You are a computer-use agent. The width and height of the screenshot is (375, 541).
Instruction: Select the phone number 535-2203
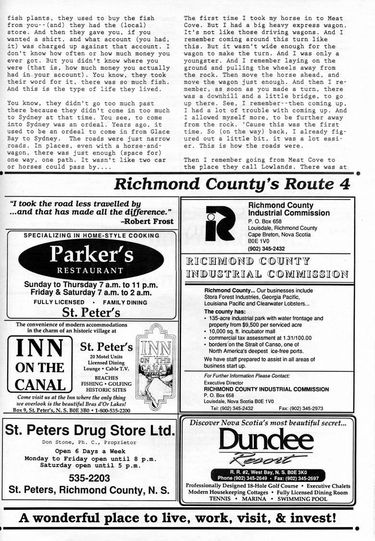tap(89, 478)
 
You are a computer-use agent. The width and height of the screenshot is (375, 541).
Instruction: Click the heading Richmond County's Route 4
tap(233, 184)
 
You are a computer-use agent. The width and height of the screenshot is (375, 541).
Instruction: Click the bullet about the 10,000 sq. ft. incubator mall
tap(244, 332)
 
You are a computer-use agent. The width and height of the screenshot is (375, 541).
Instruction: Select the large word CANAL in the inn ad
tap(40, 385)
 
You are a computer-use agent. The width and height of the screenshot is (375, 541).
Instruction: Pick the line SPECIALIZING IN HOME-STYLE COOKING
tap(91, 236)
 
